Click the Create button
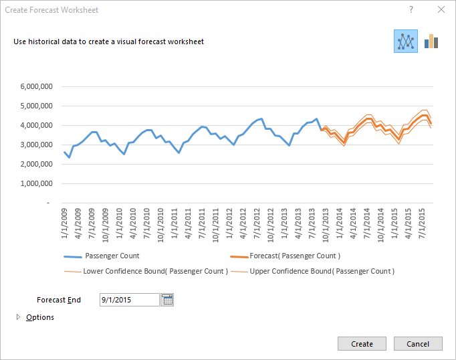coord(362,344)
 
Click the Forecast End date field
coord(130,300)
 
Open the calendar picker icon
coord(167,300)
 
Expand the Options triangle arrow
coord(18,317)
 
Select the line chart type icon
coord(406,41)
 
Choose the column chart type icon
coord(431,41)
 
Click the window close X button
coord(441,10)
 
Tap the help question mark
coord(411,10)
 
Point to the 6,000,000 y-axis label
coord(40,86)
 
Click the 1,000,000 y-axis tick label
coord(40,183)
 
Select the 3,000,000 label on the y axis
coord(40,145)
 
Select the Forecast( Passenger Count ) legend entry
coord(294,256)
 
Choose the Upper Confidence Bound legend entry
coord(321,271)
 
